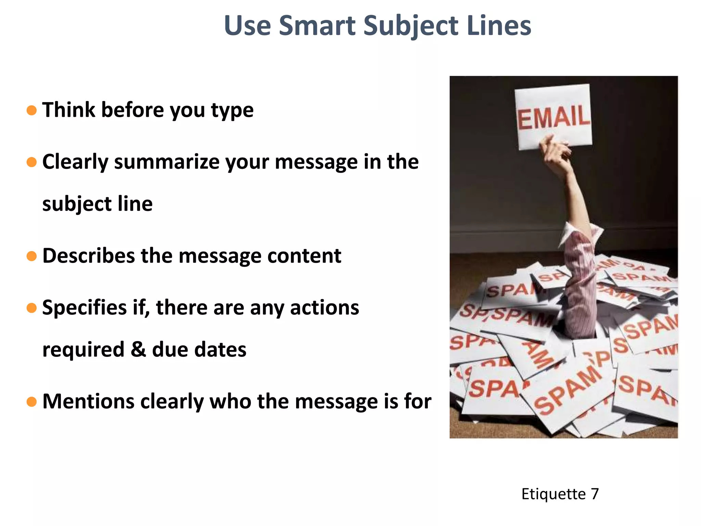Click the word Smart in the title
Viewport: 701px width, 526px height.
point(317,26)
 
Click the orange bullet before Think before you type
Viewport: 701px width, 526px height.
point(31,110)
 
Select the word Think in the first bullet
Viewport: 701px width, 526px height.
point(68,110)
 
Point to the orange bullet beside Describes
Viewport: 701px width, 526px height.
point(31,256)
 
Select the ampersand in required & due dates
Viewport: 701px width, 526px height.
point(138,350)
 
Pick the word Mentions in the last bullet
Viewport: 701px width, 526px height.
point(88,401)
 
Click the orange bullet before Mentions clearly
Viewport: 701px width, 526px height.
point(31,401)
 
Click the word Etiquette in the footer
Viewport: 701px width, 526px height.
point(553,494)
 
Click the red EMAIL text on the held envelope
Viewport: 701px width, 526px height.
point(553,117)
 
